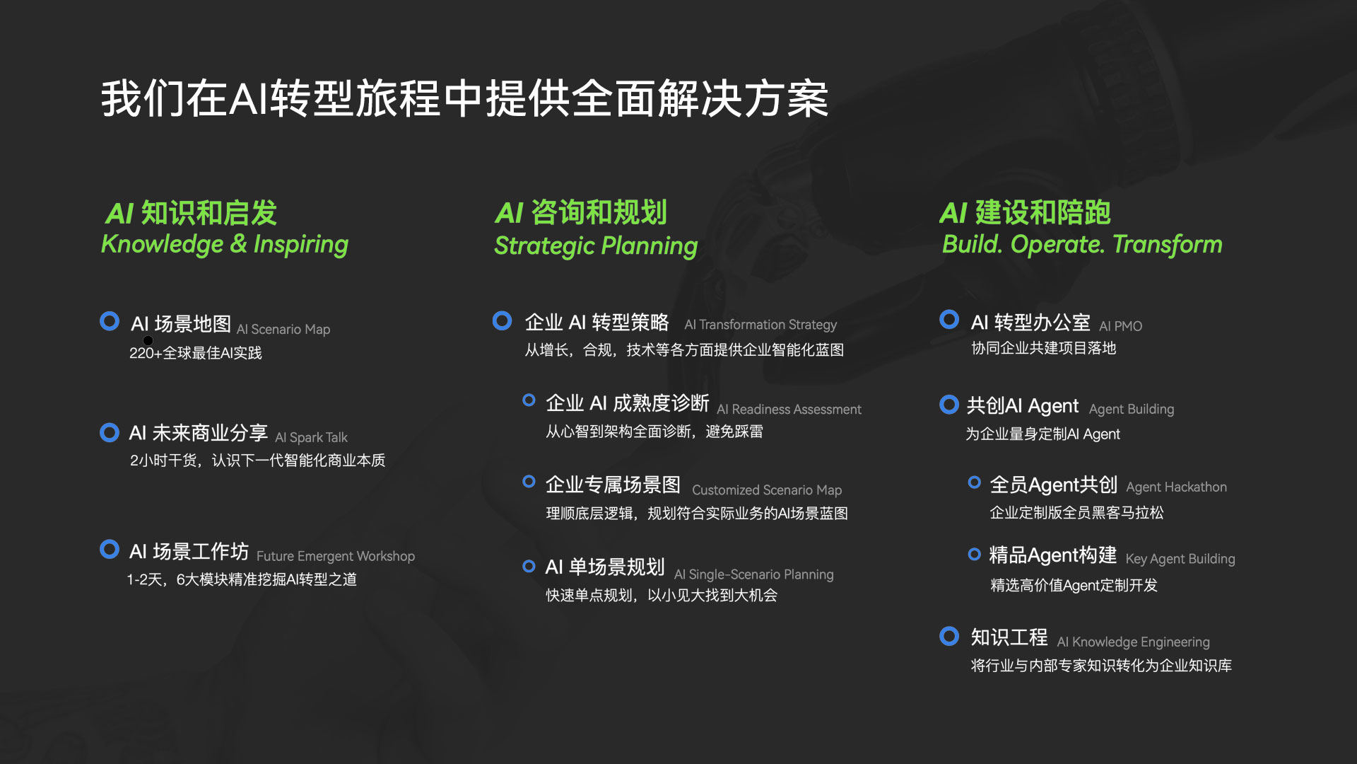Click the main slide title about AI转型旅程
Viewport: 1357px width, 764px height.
[x=464, y=98]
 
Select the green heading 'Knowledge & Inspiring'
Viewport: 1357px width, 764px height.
[x=225, y=244]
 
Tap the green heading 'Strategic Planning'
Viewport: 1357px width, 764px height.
[x=596, y=246]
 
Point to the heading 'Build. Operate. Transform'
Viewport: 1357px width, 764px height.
[x=1082, y=244]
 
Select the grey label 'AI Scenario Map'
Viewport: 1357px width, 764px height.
[x=283, y=330]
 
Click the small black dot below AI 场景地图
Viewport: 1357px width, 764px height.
[x=148, y=341]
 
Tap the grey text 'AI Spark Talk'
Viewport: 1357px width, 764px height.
[x=311, y=437]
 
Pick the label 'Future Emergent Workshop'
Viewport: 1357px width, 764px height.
[x=336, y=556]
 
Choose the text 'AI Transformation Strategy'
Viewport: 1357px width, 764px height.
[x=760, y=325]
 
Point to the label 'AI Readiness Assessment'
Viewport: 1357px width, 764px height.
[x=789, y=410]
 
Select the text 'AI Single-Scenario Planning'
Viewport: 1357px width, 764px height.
[x=754, y=574]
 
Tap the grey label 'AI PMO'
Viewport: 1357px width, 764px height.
[x=1121, y=326]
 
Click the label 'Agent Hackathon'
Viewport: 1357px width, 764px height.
[x=1177, y=487]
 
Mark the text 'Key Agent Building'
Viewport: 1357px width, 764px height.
[x=1180, y=559]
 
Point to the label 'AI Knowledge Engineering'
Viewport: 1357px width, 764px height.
[x=1134, y=642]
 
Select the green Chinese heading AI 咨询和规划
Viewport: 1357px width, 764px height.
[x=581, y=212]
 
